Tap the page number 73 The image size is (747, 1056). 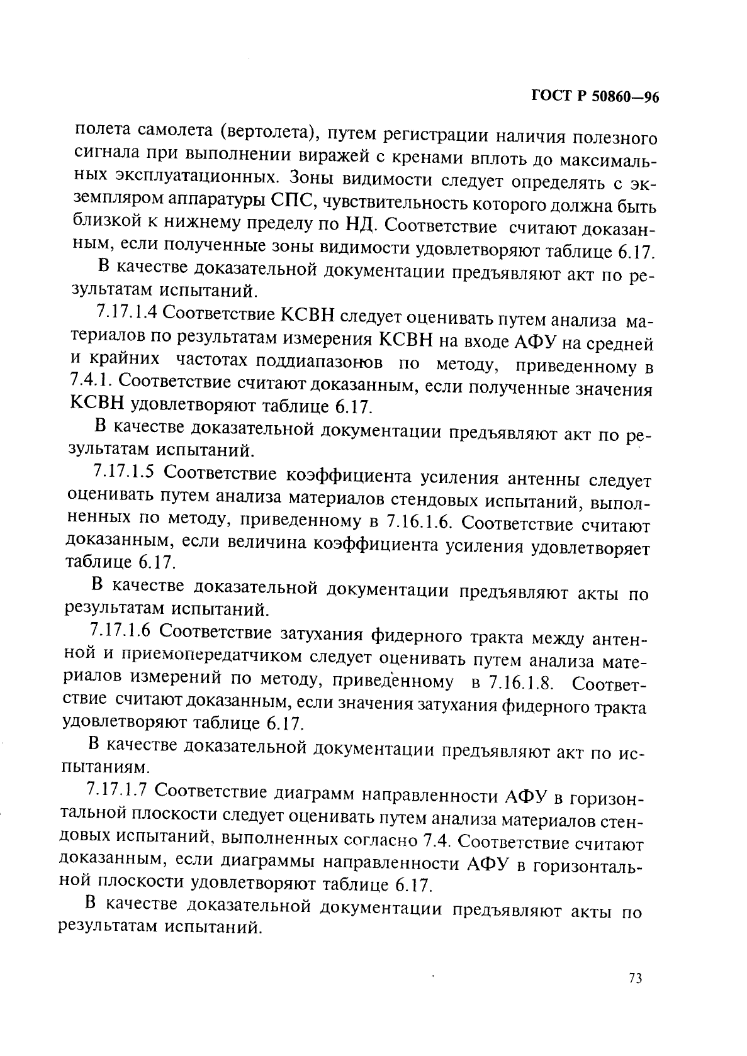pyautogui.click(x=634, y=979)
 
